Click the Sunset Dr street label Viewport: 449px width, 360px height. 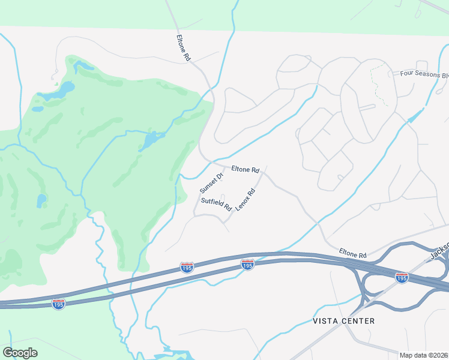point(211,182)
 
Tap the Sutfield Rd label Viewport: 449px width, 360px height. point(216,204)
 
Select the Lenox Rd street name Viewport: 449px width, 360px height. point(246,200)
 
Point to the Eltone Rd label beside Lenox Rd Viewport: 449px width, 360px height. point(245,170)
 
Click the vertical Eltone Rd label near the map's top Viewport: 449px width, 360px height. point(183,47)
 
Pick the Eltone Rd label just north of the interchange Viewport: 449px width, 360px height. point(352,255)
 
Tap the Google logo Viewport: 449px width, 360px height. point(20,353)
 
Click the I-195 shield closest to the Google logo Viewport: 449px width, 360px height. point(58,304)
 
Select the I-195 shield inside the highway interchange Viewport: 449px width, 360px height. point(402,277)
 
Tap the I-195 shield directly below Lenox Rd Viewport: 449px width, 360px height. point(247,264)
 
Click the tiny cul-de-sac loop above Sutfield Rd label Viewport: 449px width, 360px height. point(223,197)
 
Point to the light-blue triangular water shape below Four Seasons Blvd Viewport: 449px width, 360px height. point(416,114)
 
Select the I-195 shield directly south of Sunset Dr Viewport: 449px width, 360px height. point(187,268)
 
